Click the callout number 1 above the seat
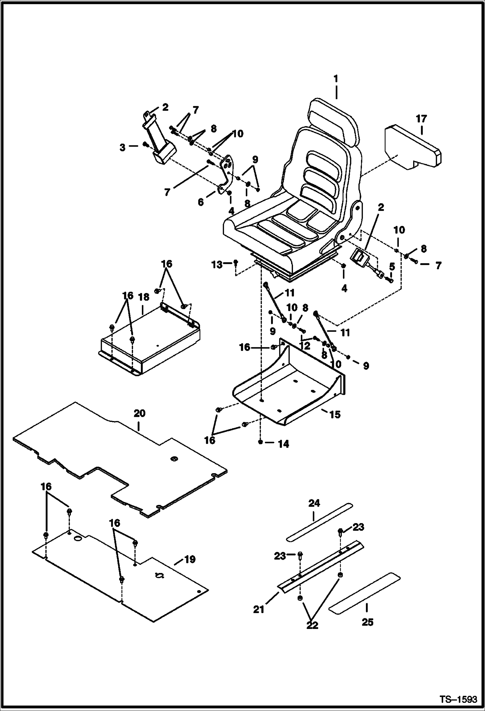pyautogui.click(x=336, y=79)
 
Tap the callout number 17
pyautogui.click(x=422, y=119)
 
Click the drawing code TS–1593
pyautogui.click(x=458, y=699)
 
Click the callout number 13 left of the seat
pyautogui.click(x=217, y=265)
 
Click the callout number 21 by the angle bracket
pyautogui.click(x=259, y=610)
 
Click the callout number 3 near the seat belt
pyautogui.click(x=122, y=148)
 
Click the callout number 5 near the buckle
pyautogui.click(x=392, y=266)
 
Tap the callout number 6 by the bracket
pyautogui.click(x=201, y=203)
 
